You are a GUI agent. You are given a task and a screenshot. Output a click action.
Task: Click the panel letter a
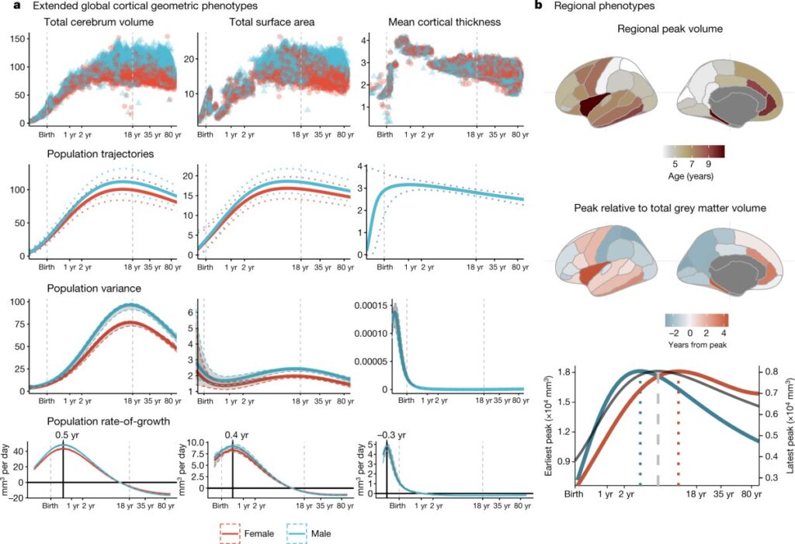pyautogui.click(x=6, y=6)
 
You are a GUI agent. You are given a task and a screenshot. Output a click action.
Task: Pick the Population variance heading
pyautogui.click(x=85, y=288)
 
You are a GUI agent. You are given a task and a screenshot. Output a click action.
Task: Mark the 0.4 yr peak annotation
pyautogui.click(x=232, y=435)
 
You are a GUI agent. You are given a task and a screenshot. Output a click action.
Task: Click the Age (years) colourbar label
pyautogui.click(x=696, y=175)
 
